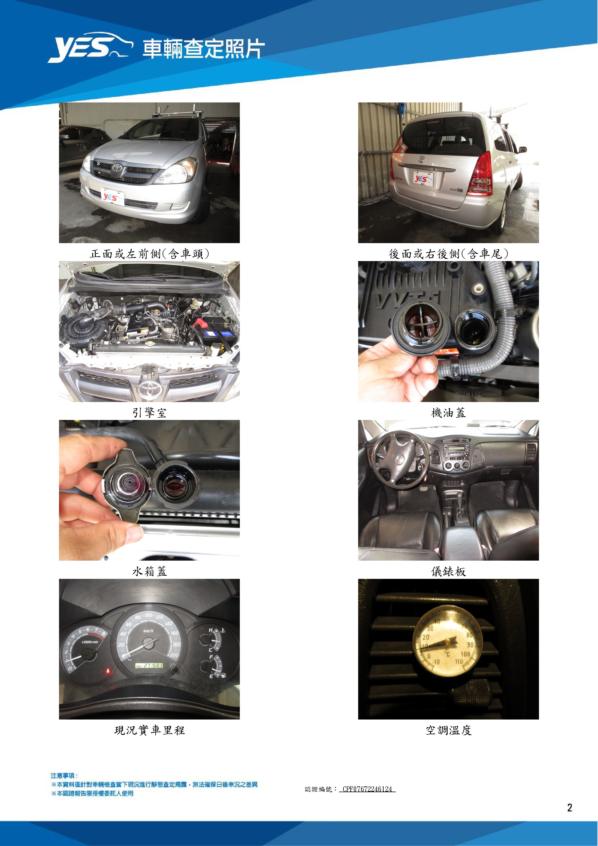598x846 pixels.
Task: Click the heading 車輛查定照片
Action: [x=204, y=49]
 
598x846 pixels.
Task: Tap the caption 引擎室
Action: [x=150, y=413]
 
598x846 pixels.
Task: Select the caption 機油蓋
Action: [x=448, y=413]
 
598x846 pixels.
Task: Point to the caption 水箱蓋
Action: [x=150, y=572]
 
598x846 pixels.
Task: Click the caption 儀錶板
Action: [x=448, y=572]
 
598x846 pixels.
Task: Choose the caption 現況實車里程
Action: [x=150, y=730]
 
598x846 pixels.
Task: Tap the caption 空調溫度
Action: [x=448, y=730]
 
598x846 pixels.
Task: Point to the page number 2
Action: [x=570, y=808]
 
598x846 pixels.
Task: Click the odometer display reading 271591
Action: [x=149, y=666]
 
